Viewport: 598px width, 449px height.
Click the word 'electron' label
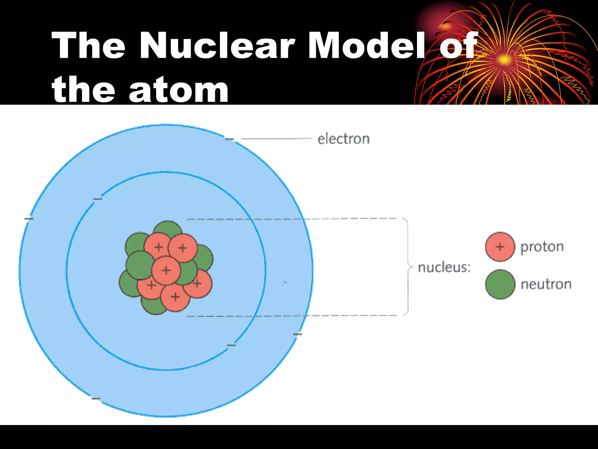pyautogui.click(x=343, y=139)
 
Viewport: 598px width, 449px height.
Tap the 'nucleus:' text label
pyautogui.click(x=444, y=267)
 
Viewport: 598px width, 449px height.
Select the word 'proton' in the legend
pyautogui.click(x=542, y=247)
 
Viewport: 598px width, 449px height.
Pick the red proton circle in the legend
pyautogui.click(x=500, y=247)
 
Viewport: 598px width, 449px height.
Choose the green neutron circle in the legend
pyautogui.click(x=500, y=284)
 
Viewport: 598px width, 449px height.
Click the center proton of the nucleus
pyautogui.click(x=166, y=270)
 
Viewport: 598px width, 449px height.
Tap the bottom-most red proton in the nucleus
pyautogui.click(x=175, y=297)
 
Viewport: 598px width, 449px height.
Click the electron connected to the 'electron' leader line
pyautogui.click(x=230, y=139)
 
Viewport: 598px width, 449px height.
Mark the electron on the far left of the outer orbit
pyautogui.click(x=29, y=219)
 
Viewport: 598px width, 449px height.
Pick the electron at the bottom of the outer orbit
pyautogui.click(x=96, y=398)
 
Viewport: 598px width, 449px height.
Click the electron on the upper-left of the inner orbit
pyautogui.click(x=98, y=199)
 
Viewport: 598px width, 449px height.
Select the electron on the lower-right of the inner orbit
pyautogui.click(x=231, y=345)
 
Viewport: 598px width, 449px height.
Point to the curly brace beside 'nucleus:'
pyautogui.click(x=408, y=267)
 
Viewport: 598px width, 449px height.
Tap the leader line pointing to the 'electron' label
pyautogui.click(x=276, y=139)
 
